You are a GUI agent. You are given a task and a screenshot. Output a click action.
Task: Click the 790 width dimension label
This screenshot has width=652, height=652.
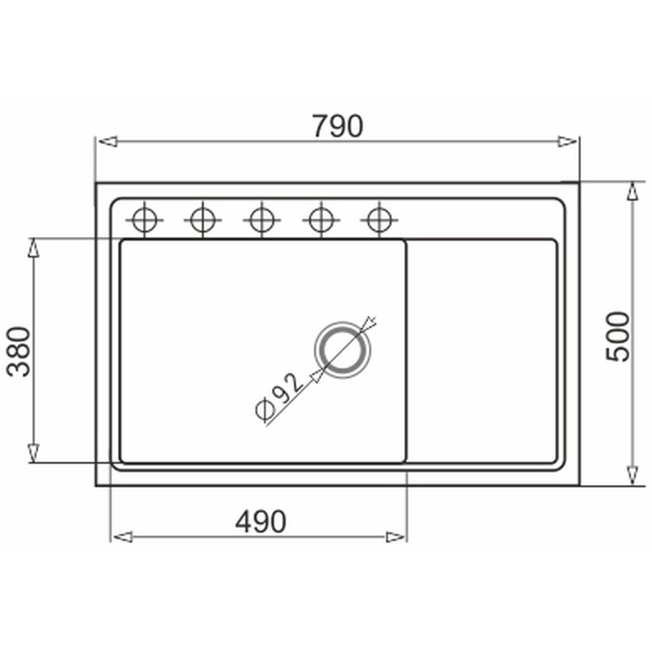click(337, 126)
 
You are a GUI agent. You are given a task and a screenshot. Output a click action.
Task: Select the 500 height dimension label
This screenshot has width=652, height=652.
click(617, 337)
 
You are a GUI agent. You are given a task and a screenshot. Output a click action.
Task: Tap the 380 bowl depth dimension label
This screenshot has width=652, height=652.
click(18, 352)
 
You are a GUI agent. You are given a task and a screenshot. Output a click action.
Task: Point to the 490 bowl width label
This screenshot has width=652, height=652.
click(261, 522)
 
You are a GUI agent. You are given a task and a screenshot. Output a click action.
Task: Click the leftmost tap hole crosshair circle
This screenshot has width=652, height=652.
click(145, 220)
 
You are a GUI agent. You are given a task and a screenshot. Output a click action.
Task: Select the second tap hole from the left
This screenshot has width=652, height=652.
click(203, 220)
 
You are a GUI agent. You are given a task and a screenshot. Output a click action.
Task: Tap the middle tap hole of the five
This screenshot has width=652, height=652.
click(261, 220)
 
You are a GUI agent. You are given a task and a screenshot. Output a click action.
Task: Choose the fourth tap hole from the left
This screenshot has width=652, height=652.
click(321, 220)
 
